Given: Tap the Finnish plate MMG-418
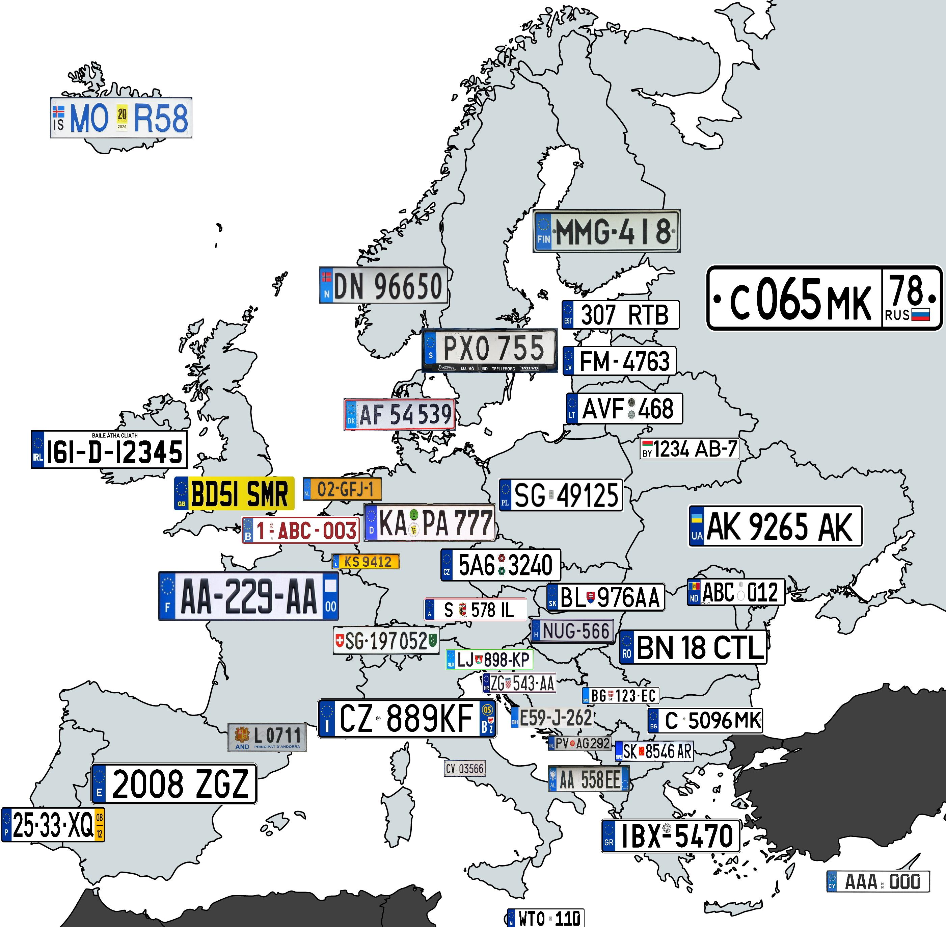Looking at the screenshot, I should click(606, 231).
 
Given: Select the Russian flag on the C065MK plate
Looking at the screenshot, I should click(920, 314).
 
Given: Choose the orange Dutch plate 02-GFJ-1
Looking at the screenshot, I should click(342, 489).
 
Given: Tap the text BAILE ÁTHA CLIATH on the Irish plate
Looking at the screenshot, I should click(115, 435).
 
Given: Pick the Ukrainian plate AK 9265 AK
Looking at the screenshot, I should click(775, 526).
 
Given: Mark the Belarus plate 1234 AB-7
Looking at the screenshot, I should click(690, 449).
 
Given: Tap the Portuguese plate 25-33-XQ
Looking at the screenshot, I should click(53, 825).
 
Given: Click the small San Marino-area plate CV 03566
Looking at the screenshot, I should click(465, 769).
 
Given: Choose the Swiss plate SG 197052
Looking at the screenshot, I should click(385, 641).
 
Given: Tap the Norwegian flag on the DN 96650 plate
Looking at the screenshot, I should click(326, 278).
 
